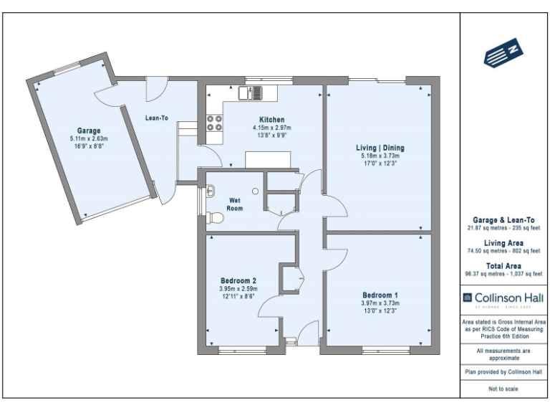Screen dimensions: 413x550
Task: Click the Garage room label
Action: [x=90, y=131]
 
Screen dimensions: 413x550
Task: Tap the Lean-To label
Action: [x=156, y=118]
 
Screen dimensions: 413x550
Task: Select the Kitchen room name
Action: [x=272, y=120]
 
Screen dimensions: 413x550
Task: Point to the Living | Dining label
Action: [x=380, y=148]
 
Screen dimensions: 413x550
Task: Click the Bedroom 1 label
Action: [x=380, y=295]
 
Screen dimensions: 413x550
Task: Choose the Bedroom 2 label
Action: [x=238, y=280]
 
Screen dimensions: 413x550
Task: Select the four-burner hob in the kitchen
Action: [x=214, y=123]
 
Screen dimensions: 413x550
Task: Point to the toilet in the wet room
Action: [x=213, y=218]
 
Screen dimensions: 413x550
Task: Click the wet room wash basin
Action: [x=211, y=191]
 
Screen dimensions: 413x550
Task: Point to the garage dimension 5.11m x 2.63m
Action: [x=89, y=138]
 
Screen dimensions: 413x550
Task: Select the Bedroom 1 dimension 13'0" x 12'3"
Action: [x=380, y=310]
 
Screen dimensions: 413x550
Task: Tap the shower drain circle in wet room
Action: [x=254, y=192]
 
